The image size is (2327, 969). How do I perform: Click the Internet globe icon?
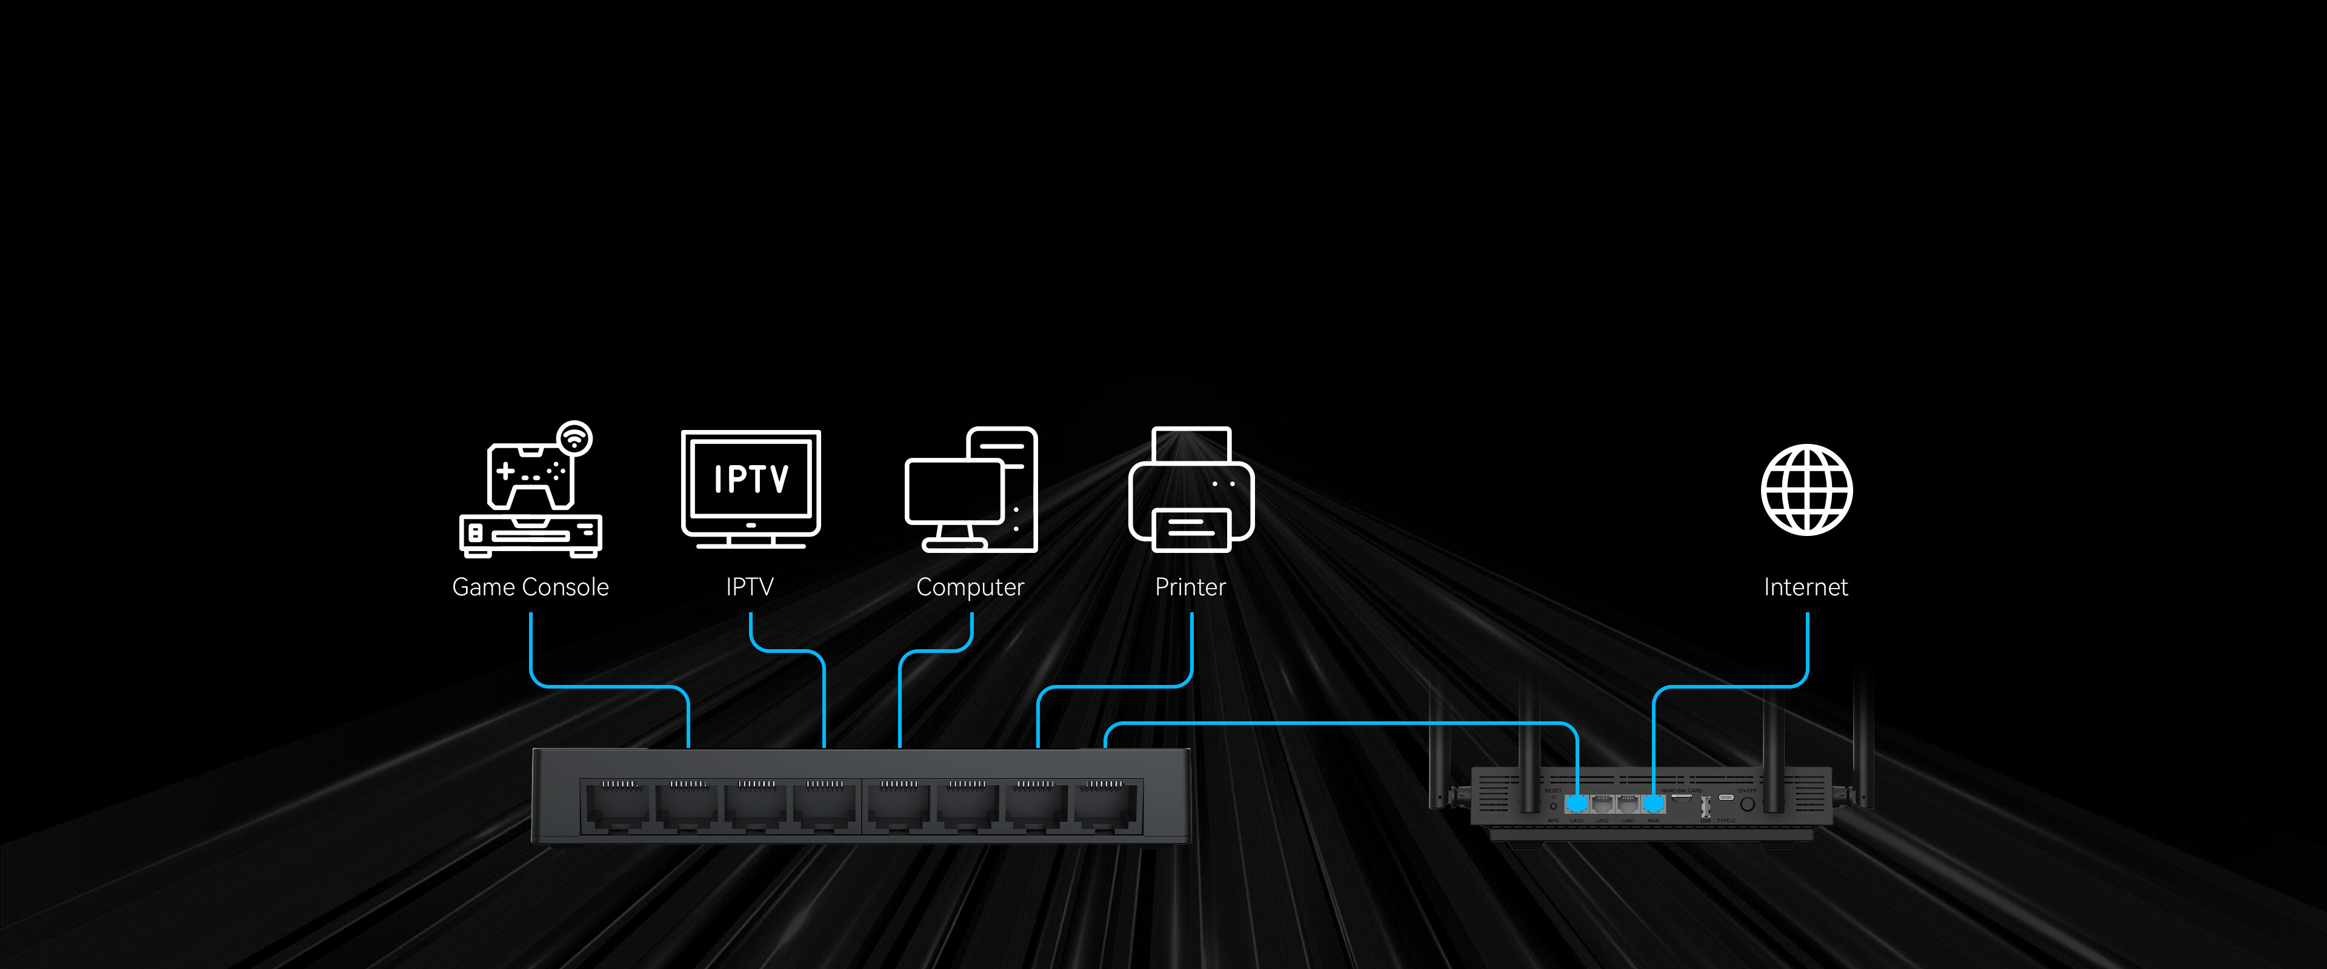click(x=1806, y=489)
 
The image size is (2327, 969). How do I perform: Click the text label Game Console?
click(x=530, y=587)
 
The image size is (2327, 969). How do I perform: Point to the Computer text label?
click(x=970, y=587)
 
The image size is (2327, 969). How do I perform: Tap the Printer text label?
click(x=1191, y=587)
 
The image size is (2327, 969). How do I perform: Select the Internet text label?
click(x=1806, y=587)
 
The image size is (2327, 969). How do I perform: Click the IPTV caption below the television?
click(x=750, y=587)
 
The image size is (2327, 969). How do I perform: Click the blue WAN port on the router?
click(x=1653, y=803)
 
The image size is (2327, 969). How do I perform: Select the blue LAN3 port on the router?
click(x=1576, y=803)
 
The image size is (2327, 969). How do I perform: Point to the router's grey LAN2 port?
click(x=1602, y=803)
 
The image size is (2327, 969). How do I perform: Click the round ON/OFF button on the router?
click(x=1747, y=803)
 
